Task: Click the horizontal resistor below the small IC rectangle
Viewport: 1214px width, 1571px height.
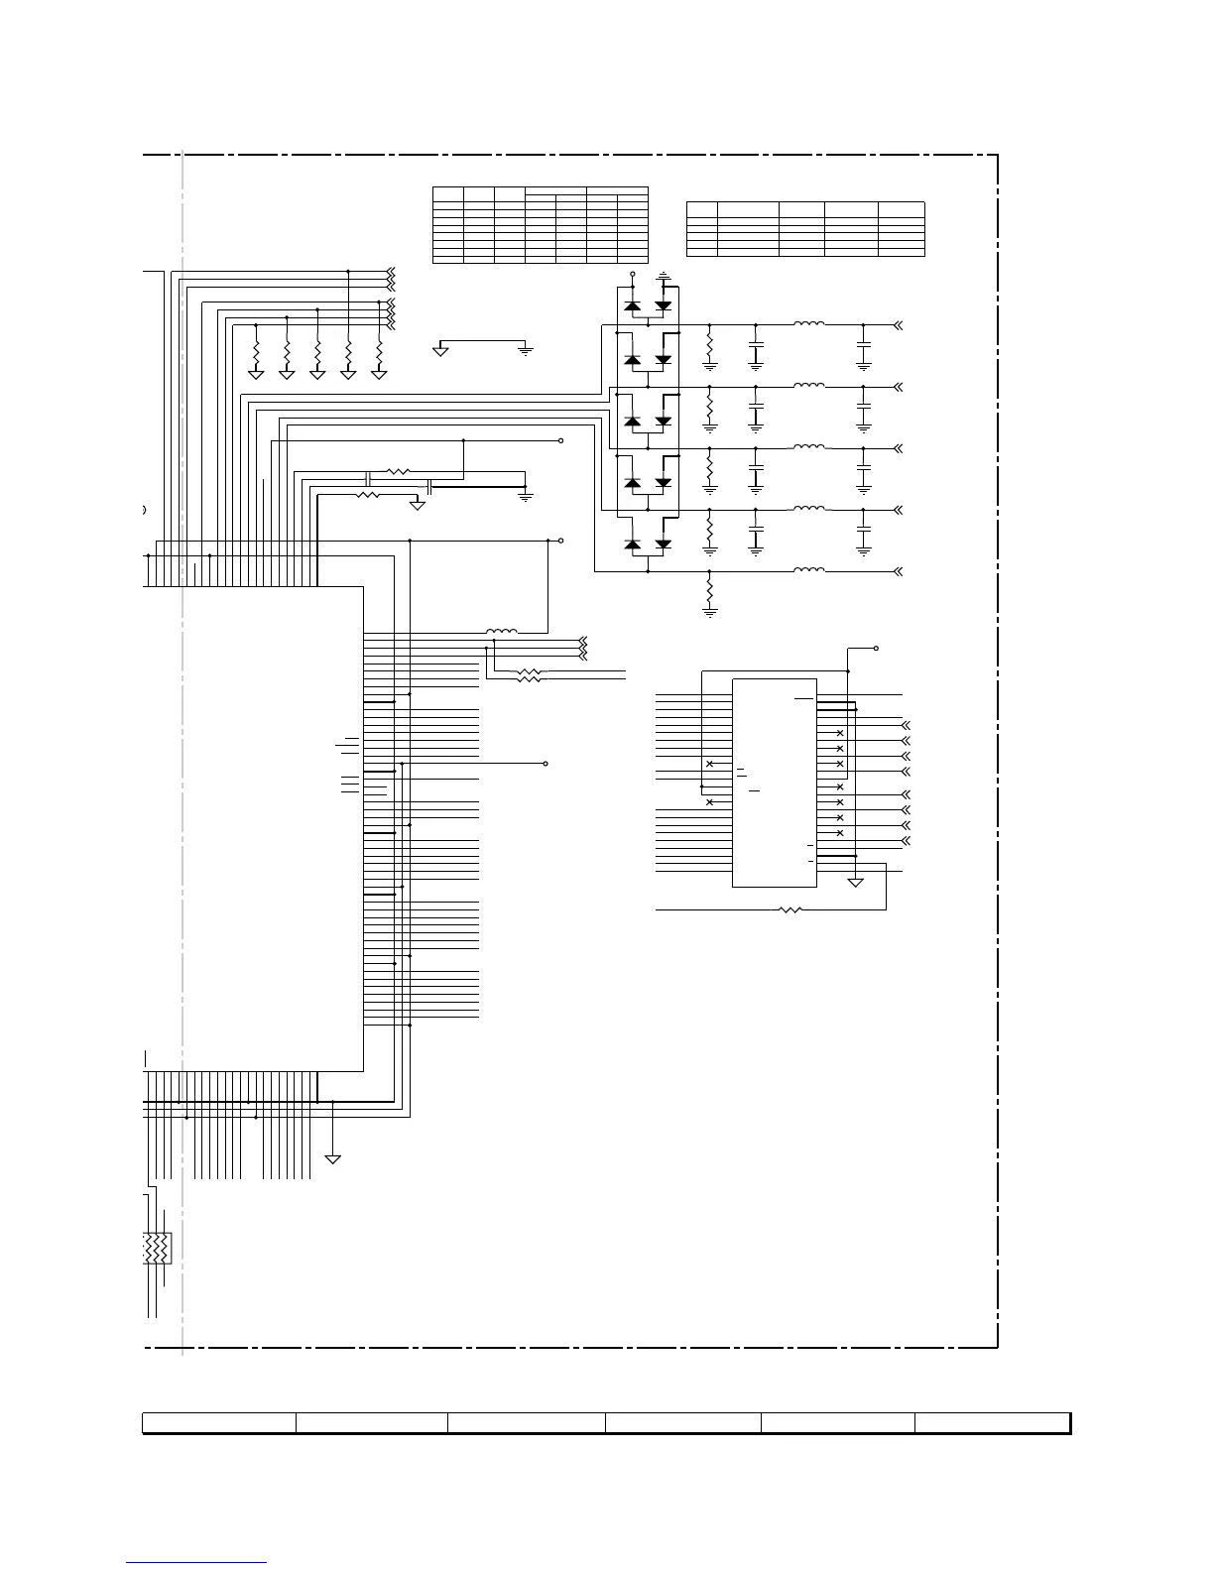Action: pyautogui.click(x=790, y=908)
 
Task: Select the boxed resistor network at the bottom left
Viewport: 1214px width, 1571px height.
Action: pyautogui.click(x=157, y=1248)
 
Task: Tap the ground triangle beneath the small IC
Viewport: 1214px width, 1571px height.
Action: pyautogui.click(x=855, y=882)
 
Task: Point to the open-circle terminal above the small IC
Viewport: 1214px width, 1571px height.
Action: pyautogui.click(x=876, y=649)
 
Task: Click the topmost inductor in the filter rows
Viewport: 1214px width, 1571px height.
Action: pyautogui.click(x=808, y=323)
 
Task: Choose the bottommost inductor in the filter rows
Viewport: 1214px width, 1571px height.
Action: pyautogui.click(x=808, y=570)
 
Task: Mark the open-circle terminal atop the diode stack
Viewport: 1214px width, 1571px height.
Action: pyautogui.click(x=633, y=273)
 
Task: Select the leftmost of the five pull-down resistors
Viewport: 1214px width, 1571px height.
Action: pyautogui.click(x=256, y=352)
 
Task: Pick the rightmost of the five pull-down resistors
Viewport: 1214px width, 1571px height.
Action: pyautogui.click(x=379, y=352)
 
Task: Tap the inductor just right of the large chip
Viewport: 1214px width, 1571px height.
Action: pyautogui.click(x=501, y=632)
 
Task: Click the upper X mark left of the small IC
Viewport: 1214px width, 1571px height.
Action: pyautogui.click(x=709, y=765)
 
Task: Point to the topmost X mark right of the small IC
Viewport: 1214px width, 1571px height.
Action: pyautogui.click(x=840, y=733)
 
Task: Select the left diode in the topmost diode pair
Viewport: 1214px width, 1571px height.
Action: pyautogui.click(x=632, y=305)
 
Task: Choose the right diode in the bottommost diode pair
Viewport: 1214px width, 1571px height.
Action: pyautogui.click(x=664, y=544)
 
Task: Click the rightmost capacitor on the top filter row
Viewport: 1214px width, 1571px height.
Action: pyautogui.click(x=863, y=351)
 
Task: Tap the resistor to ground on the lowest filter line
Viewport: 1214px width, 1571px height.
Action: pyautogui.click(x=709, y=591)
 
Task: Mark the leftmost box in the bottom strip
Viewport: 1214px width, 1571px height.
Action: pyautogui.click(x=219, y=1423)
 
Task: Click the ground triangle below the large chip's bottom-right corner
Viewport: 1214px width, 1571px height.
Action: pyautogui.click(x=333, y=1158)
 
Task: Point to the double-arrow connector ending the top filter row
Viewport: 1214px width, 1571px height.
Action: pyautogui.click(x=898, y=324)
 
